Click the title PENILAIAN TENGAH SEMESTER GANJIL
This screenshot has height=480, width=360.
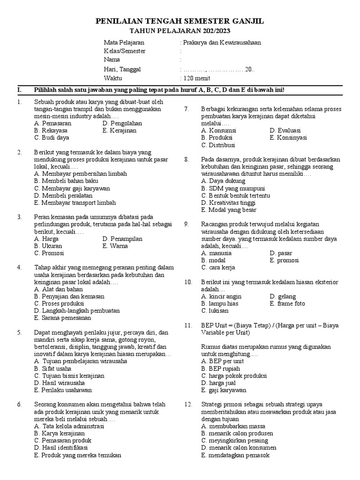180,22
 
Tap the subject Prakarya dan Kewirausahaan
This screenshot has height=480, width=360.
222,42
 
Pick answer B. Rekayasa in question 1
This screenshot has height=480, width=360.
51,130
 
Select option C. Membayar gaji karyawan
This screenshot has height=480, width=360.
72,188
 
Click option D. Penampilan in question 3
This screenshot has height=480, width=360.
122,239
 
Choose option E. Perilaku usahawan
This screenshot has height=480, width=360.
63,390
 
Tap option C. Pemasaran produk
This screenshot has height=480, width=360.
63,440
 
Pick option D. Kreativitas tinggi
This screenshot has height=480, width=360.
228,202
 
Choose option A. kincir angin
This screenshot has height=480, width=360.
221,296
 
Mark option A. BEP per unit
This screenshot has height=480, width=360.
222,361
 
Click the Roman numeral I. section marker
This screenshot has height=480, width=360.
19,90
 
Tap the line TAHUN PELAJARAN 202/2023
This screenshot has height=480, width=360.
180,31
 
